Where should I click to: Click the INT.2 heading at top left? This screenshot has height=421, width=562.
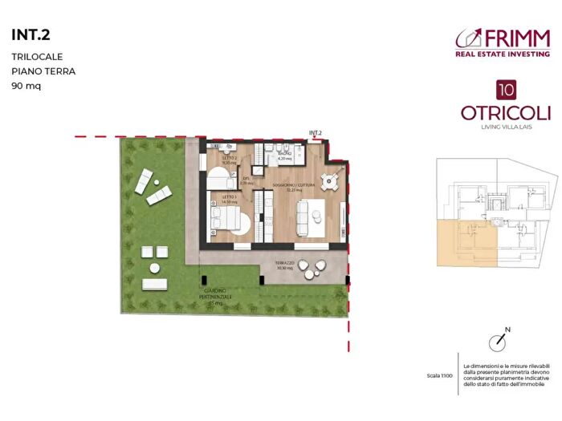29,34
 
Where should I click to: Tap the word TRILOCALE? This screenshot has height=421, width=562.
37,57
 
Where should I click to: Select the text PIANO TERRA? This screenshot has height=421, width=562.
43,71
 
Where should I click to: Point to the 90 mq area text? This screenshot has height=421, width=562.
26,85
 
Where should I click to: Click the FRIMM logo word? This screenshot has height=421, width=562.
518,38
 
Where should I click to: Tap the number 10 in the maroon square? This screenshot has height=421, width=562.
506,90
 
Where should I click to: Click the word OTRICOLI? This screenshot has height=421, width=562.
505,113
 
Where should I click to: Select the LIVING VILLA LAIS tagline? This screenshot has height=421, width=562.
505,126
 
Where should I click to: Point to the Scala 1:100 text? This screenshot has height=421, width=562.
441,375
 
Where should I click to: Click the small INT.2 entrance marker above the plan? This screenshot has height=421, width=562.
315,133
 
